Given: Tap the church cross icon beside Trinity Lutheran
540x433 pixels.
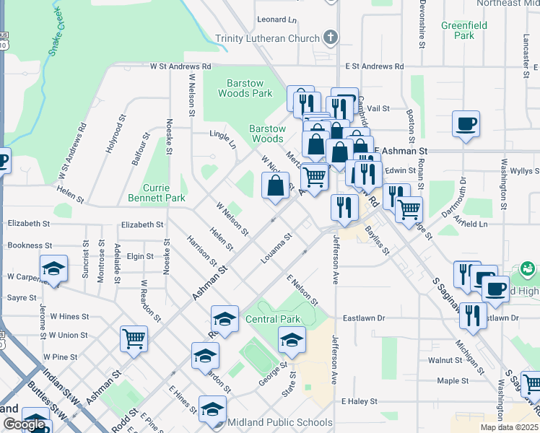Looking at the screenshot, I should [330, 37].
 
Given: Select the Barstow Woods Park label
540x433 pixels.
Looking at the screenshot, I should [245, 88].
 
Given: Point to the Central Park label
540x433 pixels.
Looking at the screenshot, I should [271, 319].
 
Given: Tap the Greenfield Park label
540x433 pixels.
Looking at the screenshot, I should [464, 30].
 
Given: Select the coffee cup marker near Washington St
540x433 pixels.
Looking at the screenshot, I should [466, 123].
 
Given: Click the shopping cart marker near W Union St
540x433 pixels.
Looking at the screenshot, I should [134, 339].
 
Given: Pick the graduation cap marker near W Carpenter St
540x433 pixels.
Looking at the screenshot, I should [53, 269].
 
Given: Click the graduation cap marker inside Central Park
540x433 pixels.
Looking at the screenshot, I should [292, 339].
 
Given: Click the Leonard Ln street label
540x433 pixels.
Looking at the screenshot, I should [276, 19].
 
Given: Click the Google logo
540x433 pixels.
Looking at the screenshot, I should [24, 424].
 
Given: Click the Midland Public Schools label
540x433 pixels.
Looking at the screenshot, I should [281, 423].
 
